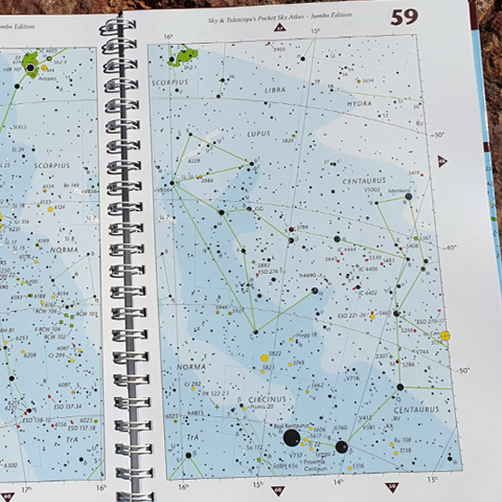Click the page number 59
404,17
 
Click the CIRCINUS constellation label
267,399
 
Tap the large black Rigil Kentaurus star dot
291,437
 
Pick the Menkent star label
399,190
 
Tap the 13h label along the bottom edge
432,479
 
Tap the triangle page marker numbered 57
280,28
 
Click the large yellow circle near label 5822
265,358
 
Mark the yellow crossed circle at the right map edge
446,336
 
